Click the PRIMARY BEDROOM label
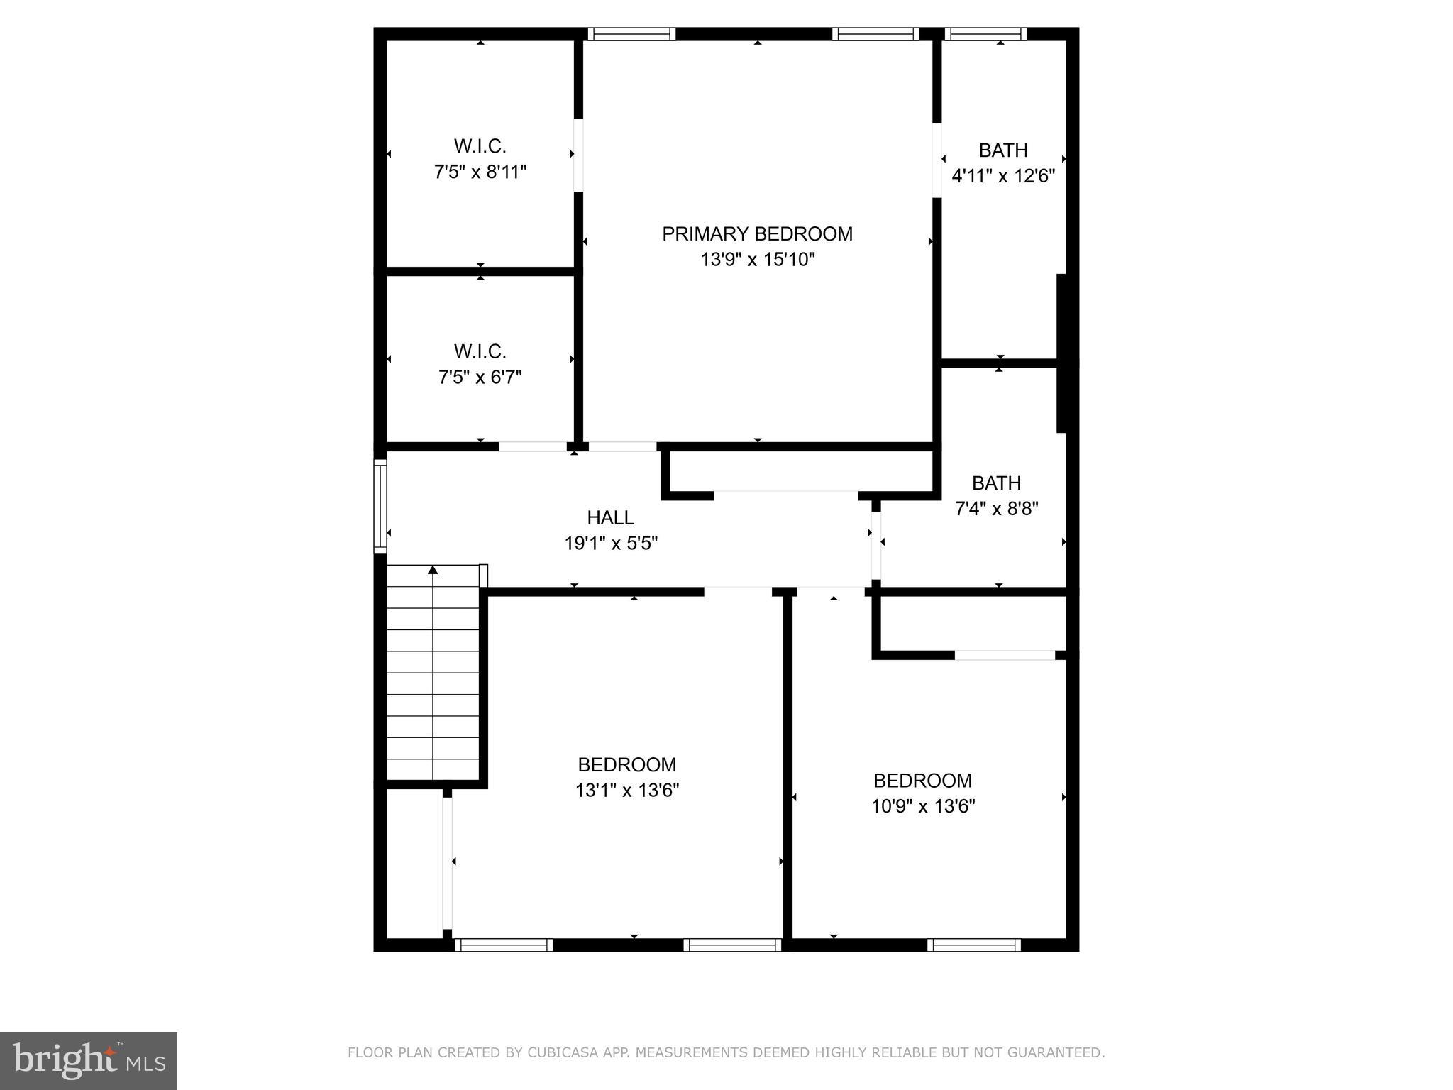(x=757, y=233)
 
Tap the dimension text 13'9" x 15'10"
(x=757, y=260)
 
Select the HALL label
(x=610, y=517)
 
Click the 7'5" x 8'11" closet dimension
(x=480, y=172)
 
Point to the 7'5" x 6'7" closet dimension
(x=480, y=378)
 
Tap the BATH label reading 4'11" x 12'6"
(x=1002, y=150)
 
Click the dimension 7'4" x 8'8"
(x=997, y=509)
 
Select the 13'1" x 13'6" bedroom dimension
(x=627, y=791)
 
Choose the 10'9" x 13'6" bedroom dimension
(x=923, y=806)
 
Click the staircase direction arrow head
(x=433, y=569)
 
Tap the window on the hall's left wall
(x=380, y=505)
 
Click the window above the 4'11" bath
(x=985, y=33)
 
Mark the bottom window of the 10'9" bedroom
(x=973, y=945)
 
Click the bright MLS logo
(x=89, y=1060)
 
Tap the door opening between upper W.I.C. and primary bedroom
(x=578, y=155)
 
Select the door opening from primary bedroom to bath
(x=937, y=160)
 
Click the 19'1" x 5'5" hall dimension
(x=610, y=544)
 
